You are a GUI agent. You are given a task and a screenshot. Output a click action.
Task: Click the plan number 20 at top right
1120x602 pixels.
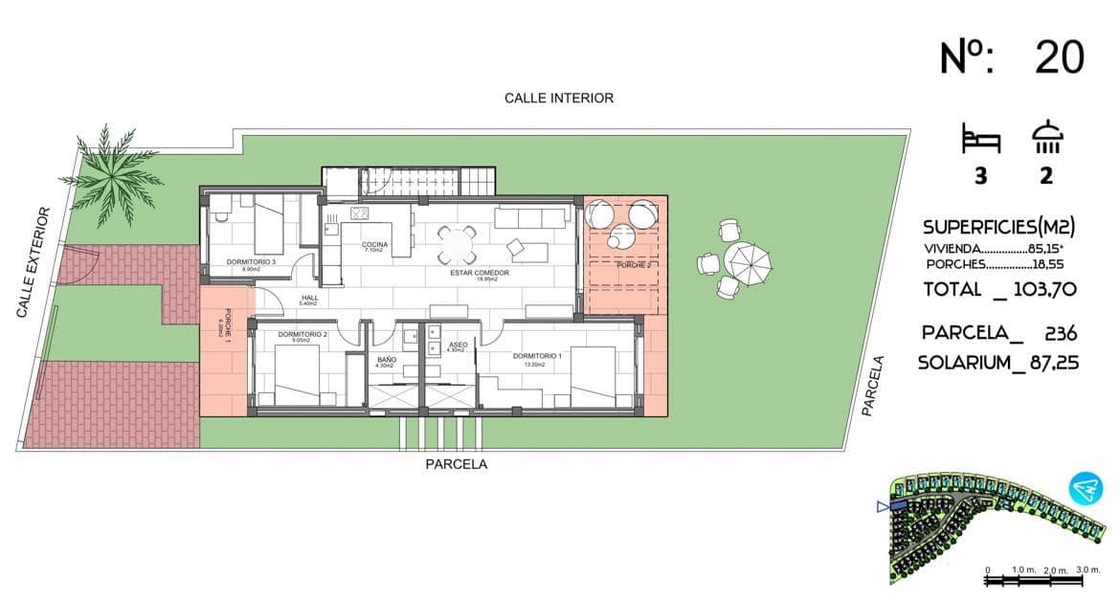click(1060, 58)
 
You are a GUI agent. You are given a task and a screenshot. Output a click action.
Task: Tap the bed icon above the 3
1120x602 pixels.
click(981, 140)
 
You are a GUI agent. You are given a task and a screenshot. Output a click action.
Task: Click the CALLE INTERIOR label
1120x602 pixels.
click(559, 98)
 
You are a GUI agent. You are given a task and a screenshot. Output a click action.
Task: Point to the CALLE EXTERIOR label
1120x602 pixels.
click(32, 262)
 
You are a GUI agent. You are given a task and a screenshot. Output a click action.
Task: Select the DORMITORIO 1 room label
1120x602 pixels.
click(537, 356)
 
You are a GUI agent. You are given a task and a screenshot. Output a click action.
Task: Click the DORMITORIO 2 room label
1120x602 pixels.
click(302, 335)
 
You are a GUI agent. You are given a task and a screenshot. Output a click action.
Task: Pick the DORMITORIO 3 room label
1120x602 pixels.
click(251, 262)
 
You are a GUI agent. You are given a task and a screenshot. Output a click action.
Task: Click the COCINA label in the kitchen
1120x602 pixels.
click(374, 245)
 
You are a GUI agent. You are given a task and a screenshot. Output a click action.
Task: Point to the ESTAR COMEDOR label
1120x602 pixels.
click(480, 273)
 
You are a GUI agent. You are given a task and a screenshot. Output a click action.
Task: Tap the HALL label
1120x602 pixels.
click(309, 298)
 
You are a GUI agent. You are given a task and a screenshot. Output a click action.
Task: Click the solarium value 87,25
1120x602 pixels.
click(1045, 364)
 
